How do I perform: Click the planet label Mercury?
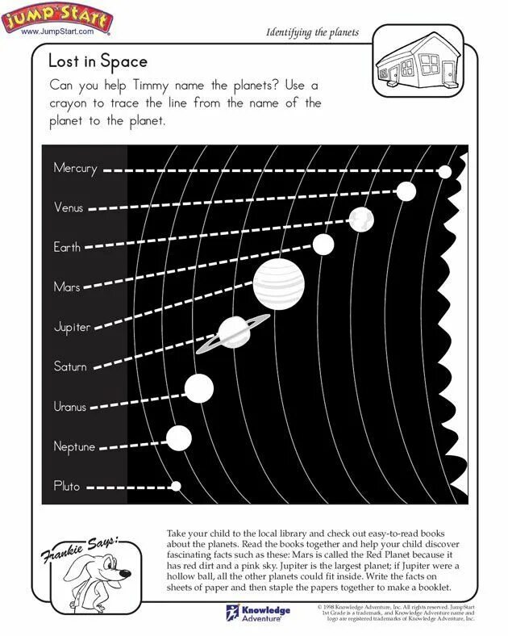pos(75,169)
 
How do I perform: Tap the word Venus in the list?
pos(69,207)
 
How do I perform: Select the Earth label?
pos(67,247)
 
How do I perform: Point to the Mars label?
pos(67,287)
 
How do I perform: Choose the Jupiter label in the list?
pos(72,327)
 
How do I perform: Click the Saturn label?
pos(70,366)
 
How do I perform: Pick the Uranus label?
pos(70,406)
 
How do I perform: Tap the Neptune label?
pos(74,446)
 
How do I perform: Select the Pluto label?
pos(67,486)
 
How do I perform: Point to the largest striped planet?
pos(280,282)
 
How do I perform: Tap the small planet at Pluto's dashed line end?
pos(177,486)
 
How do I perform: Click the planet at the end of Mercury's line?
pos(444,171)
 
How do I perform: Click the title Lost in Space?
pos(98,61)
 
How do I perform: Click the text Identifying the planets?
pos(312,32)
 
